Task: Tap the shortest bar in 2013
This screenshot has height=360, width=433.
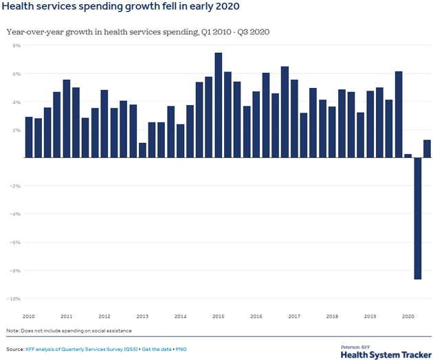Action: (x=142, y=150)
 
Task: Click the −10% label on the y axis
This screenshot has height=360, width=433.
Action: (x=14, y=299)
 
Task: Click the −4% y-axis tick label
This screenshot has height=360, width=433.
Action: (x=14, y=214)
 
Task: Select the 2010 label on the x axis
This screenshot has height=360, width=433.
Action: (x=29, y=316)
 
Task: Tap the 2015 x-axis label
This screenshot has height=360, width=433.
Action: (x=218, y=316)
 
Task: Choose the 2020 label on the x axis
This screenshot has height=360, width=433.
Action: (x=408, y=316)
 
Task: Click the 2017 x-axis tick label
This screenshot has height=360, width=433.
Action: (x=293, y=316)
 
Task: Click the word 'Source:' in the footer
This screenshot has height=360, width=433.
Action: (x=14, y=349)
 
